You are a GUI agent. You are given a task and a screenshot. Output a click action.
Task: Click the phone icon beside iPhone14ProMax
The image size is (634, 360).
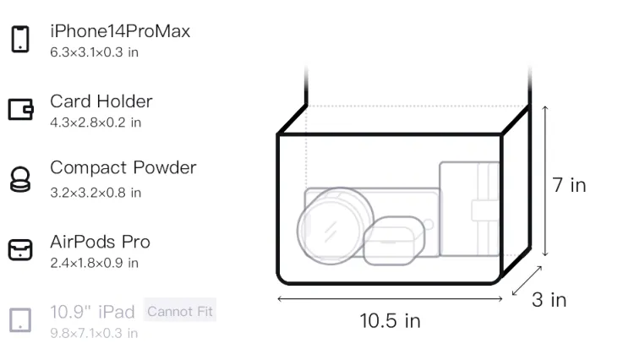[x=20, y=39]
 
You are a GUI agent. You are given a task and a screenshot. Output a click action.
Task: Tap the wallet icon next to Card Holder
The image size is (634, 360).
[x=20, y=110]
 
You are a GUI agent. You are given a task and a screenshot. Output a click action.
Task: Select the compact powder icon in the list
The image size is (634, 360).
[x=20, y=179]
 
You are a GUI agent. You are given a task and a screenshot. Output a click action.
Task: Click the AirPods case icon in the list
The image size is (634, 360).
[x=20, y=249]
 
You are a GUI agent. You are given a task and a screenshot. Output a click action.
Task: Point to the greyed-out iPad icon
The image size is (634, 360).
[x=20, y=320]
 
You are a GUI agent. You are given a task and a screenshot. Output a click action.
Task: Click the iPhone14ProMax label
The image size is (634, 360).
[x=120, y=31]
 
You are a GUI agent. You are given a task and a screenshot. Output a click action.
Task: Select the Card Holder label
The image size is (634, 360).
[x=101, y=101]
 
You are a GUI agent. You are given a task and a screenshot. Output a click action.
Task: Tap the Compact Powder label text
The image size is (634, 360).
[x=123, y=168]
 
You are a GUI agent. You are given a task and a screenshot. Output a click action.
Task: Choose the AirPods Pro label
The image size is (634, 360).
[x=101, y=242]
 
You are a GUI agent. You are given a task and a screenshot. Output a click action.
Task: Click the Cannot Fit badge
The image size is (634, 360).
[x=180, y=311]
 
